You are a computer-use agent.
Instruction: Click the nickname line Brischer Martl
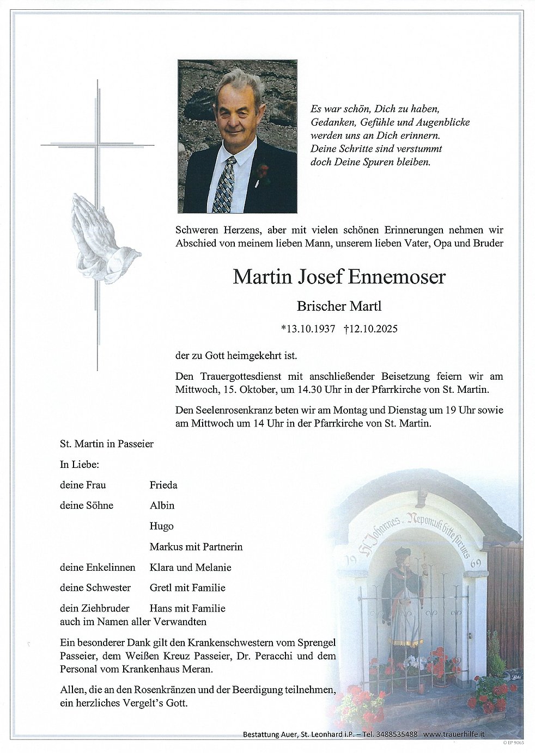click(x=339, y=306)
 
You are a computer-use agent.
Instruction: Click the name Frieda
click(x=163, y=485)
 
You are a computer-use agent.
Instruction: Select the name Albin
click(x=162, y=505)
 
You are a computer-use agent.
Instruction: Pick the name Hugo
click(x=161, y=526)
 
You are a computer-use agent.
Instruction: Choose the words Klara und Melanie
click(x=190, y=567)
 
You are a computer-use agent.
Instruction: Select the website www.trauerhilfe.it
click(x=453, y=734)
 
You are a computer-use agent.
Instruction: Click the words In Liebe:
click(x=79, y=465)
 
